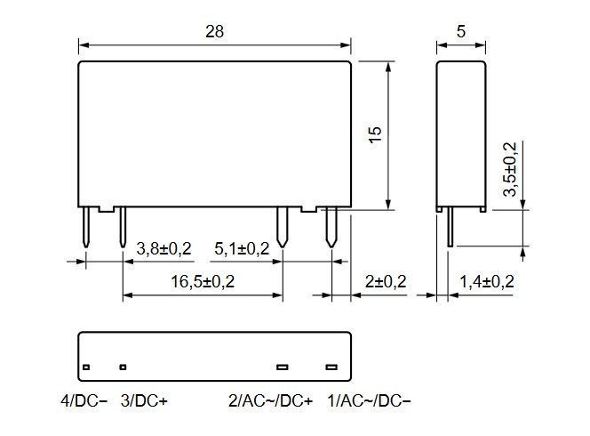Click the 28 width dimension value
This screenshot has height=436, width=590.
click(214, 31)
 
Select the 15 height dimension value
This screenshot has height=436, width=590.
click(375, 134)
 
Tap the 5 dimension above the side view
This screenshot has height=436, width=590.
click(461, 31)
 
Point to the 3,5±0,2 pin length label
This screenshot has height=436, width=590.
click(510, 169)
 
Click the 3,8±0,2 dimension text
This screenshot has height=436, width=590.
click(164, 249)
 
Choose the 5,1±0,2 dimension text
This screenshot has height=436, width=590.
click(242, 249)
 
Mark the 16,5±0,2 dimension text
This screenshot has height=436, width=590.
click(203, 281)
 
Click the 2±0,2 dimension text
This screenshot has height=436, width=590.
click(386, 281)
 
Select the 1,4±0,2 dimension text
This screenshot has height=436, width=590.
click(487, 281)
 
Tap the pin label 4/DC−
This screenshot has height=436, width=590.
click(84, 400)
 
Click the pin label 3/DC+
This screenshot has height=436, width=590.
click(144, 400)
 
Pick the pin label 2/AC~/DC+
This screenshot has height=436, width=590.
click(270, 400)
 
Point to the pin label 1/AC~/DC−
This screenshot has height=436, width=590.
click(369, 400)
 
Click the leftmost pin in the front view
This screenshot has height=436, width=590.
click(86, 227)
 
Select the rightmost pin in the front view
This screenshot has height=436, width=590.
click(331, 227)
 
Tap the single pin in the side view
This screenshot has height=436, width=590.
click(450, 227)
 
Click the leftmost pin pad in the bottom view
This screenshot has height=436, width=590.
click(86, 367)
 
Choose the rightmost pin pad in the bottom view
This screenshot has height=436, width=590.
click(331, 367)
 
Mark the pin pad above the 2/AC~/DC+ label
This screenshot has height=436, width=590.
click(283, 367)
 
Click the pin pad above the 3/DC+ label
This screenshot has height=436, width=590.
click(123, 367)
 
